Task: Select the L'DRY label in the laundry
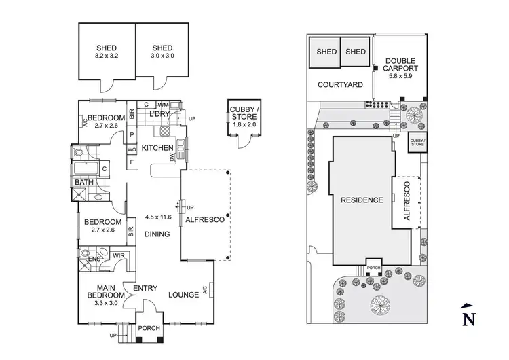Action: pos(157,114)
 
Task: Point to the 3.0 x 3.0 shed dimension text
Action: pos(164,52)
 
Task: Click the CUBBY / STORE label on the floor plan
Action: pos(242,114)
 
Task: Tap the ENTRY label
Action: pos(145,289)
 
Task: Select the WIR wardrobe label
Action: pos(117,255)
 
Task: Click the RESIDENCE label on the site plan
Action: pos(361,200)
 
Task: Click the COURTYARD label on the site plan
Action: pos(340,84)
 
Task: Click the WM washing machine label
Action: pos(163,105)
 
